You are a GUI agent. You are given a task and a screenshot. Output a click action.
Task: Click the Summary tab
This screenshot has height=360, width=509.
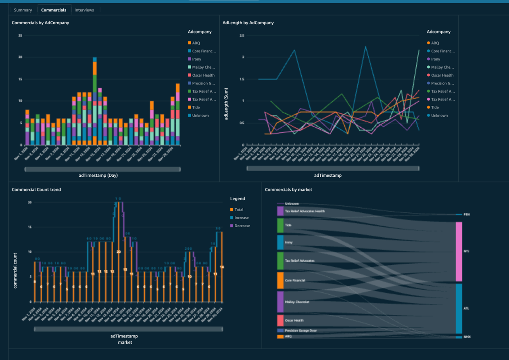pyautogui.click(x=23, y=10)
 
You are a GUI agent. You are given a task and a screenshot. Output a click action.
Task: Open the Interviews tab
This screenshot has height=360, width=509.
pyautogui.click(x=84, y=10)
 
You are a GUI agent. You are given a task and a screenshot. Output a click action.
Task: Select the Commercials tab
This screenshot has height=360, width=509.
pyautogui.click(x=54, y=10)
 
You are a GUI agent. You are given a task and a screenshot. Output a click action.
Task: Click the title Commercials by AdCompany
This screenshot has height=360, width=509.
pyautogui.click(x=40, y=23)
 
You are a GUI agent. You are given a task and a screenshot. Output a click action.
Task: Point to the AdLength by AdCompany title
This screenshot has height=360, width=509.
pyautogui.click(x=248, y=23)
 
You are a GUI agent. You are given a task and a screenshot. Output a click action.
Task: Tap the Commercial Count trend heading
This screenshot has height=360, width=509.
pyautogui.click(x=36, y=190)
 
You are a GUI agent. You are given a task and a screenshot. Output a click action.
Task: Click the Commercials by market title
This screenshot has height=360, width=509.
pyautogui.click(x=288, y=190)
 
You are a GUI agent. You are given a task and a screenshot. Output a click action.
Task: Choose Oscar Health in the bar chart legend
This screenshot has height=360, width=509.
pyautogui.click(x=203, y=75)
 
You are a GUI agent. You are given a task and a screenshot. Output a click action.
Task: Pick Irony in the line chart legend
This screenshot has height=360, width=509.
pyautogui.click(x=435, y=59)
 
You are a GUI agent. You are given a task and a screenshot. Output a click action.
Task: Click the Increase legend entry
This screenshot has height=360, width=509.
pyautogui.click(x=241, y=218)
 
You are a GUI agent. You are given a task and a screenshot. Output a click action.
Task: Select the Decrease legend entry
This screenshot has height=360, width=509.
pyautogui.click(x=242, y=226)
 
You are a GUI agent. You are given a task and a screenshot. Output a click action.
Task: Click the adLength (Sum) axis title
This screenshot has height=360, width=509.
pyautogui.click(x=226, y=104)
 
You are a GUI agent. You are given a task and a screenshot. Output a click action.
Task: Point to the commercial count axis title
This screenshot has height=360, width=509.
pyautogui.click(x=15, y=270)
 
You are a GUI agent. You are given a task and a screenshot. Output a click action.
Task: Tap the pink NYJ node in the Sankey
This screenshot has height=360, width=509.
pyautogui.click(x=459, y=251)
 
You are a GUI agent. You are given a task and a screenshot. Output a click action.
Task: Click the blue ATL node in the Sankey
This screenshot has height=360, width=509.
pyautogui.click(x=459, y=308)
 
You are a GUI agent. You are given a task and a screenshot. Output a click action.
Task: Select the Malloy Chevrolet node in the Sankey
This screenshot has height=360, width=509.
pyautogui.click(x=280, y=302)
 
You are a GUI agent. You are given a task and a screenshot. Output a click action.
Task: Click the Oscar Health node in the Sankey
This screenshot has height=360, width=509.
pyautogui.click(x=280, y=320)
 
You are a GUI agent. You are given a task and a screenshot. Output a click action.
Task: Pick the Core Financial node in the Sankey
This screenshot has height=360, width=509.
pyautogui.click(x=280, y=280)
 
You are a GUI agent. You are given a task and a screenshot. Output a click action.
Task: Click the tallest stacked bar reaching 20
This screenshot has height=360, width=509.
pyautogui.click(x=95, y=101)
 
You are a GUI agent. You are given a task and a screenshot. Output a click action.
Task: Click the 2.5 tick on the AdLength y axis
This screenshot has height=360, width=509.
pyautogui.click(x=242, y=36)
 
